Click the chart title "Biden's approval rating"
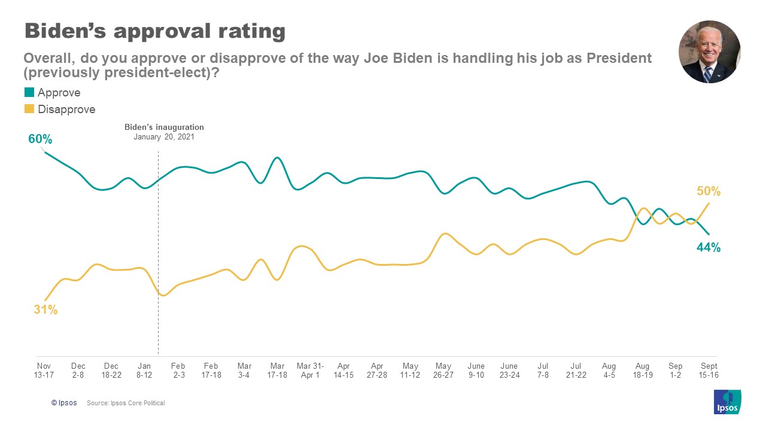tap(154, 31)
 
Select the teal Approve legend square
tap(29, 93)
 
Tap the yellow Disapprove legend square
tap(29, 110)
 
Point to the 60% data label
tap(40, 139)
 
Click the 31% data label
tap(45, 310)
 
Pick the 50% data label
tap(709, 192)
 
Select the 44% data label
tap(709, 248)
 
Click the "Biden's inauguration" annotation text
tap(164, 128)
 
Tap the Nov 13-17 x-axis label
tap(44, 370)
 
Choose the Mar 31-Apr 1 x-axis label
tap(311, 370)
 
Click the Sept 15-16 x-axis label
tap(709, 370)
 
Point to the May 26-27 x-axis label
tap(443, 370)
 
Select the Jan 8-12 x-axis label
tap(144, 370)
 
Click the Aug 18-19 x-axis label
tap(642, 370)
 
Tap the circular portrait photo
tap(709, 52)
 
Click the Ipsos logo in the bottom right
tap(727, 402)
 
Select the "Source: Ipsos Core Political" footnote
tap(126, 403)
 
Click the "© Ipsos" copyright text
tap(64, 403)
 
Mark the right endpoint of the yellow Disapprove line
tap(709, 203)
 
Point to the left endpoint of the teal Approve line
tap(45, 152)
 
